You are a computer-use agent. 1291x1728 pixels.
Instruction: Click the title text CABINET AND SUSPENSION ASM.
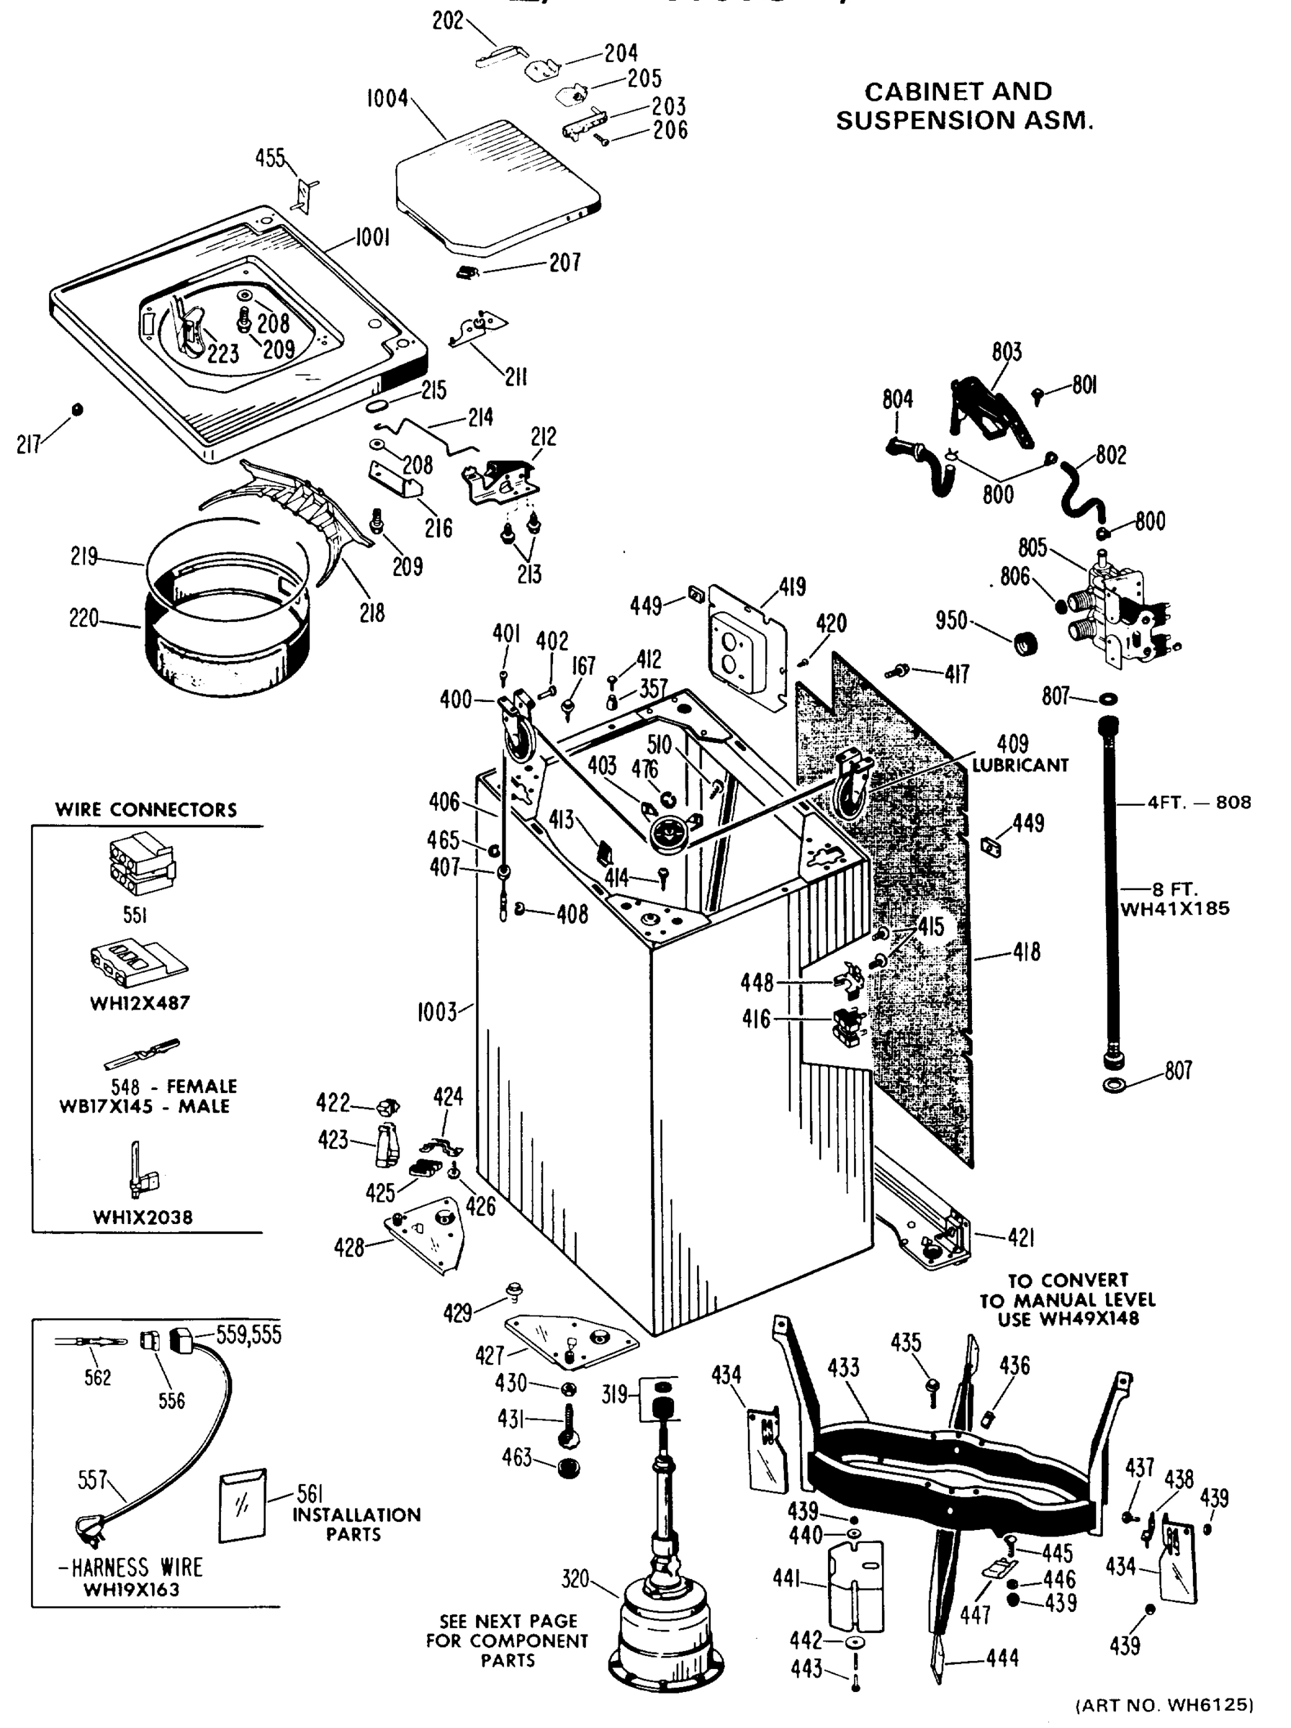(964, 105)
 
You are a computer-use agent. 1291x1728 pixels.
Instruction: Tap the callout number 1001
(372, 237)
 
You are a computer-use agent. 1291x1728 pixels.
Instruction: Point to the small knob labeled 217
(76, 410)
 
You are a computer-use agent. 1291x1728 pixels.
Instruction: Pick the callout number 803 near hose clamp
(1006, 352)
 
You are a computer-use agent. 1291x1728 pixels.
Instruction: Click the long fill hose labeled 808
(1109, 891)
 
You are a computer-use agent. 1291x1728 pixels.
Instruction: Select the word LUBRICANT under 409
(1020, 765)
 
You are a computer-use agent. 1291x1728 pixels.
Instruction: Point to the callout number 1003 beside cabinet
(436, 1012)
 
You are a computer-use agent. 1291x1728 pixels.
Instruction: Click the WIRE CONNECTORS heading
(145, 809)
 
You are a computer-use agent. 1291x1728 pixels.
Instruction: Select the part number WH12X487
(140, 1003)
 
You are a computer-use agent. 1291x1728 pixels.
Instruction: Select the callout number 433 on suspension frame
(842, 1368)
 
